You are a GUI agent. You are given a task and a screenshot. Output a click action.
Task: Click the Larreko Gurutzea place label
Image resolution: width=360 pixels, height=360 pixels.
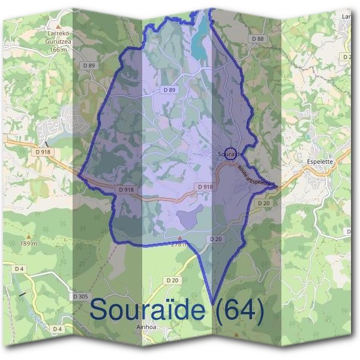[58, 38]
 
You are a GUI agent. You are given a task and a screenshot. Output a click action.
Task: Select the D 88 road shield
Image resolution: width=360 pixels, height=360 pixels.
[258, 38]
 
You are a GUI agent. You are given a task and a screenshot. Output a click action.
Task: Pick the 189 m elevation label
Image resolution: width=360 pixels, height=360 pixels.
[28, 244]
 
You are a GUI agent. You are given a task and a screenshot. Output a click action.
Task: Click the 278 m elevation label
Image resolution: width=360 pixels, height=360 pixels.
[179, 244]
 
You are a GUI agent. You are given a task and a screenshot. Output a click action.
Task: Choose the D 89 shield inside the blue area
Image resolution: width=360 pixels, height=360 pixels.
[169, 89]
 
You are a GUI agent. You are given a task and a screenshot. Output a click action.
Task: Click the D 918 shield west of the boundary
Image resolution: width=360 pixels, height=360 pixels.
[44, 152]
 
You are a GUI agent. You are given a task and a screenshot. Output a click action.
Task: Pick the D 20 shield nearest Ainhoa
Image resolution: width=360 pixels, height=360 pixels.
[172, 280]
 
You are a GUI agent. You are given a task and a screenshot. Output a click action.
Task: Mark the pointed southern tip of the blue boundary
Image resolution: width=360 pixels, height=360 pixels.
[212, 300]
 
